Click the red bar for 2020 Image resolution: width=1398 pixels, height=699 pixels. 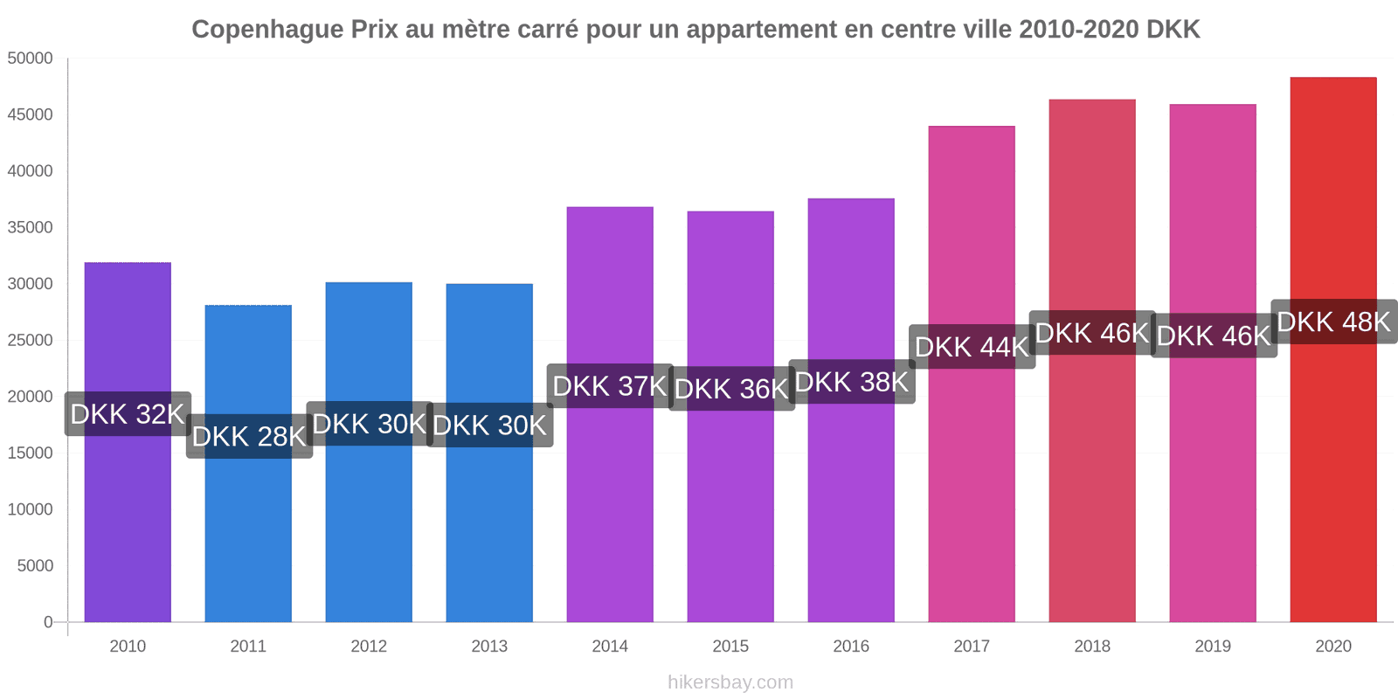coord(1333,481)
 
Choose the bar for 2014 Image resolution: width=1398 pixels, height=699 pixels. coord(610,507)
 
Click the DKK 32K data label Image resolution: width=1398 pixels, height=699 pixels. coord(128,414)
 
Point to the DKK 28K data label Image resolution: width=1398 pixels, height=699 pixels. coord(249,436)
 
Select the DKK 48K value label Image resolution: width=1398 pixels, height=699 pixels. coord(1333,322)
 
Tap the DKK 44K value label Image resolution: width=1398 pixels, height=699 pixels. coord(972,347)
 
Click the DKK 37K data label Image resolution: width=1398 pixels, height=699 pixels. coord(610,386)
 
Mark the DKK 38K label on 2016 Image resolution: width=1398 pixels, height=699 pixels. coord(852,382)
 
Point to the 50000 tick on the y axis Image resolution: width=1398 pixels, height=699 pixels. coord(31,59)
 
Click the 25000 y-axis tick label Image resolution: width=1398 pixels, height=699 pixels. coord(31,341)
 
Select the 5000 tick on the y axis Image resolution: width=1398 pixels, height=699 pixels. coord(35,566)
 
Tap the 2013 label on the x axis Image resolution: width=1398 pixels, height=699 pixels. coord(489,647)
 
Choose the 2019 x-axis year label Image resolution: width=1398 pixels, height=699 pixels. coord(1213,647)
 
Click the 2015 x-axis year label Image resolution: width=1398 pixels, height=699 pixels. coord(730,647)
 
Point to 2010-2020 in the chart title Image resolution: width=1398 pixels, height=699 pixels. coord(1078,30)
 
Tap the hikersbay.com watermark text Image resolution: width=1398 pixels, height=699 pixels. coord(730,682)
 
